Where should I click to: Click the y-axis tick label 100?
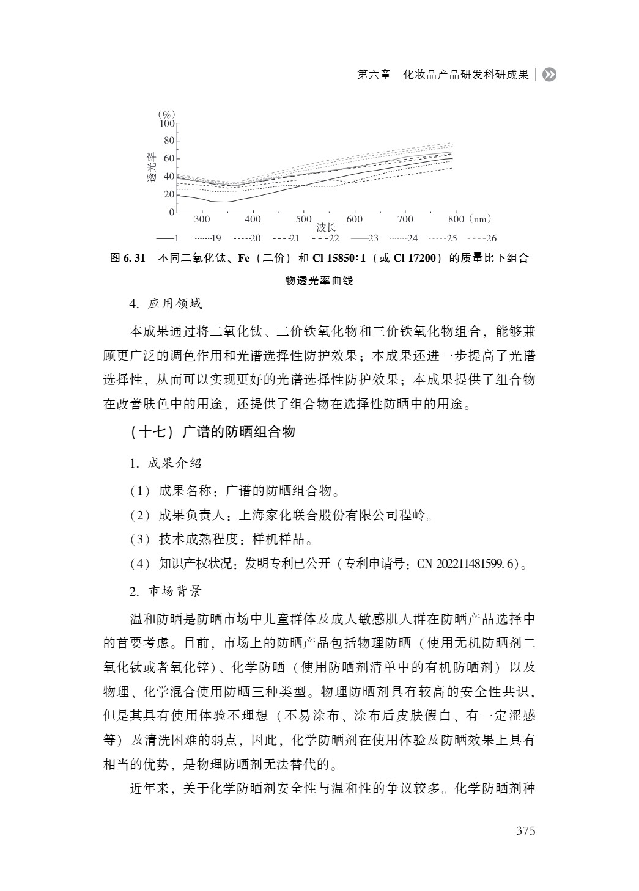coord(166,123)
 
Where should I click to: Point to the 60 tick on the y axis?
coord(168,159)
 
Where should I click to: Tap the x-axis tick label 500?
coord(303,219)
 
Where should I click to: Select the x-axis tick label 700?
coord(405,219)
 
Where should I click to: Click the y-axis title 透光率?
coord(151,169)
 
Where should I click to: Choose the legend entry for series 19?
coord(207,238)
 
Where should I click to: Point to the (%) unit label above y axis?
coord(166,114)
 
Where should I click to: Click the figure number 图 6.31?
coord(127,258)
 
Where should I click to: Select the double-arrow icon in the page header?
coord(550,75)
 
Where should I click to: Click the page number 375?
coord(525,831)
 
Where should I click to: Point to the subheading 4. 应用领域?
coord(166,304)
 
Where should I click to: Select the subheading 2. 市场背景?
coord(166,591)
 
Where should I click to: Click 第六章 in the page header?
coord(374,75)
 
